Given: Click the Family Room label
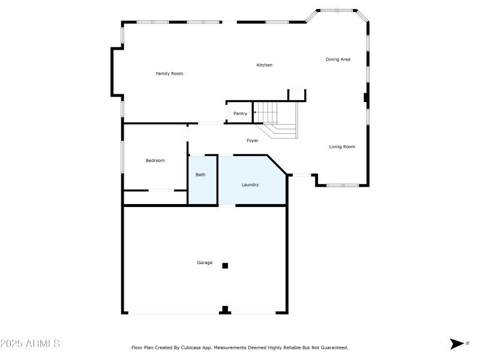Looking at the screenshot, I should coord(169,74).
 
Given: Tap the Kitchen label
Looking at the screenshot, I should coord(265,65).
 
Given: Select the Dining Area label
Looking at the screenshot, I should coord(338,59).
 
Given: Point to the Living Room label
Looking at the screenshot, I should coord(342,147).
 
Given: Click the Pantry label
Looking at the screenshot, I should coord(240,113).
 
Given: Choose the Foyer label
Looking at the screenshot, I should coord(253,141).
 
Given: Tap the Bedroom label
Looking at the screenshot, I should coord(155,161).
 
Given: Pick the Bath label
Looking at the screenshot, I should coord(200,175).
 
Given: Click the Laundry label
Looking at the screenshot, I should coord(250,185).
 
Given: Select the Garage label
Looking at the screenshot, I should coord(205,263).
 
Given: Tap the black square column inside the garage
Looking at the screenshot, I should coord(226,265).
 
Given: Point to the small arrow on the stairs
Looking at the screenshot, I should coord(255,112).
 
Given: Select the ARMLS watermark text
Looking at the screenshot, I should coord(30,344).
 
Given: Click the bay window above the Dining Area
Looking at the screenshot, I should coord(337,11).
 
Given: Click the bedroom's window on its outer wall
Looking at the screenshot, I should coord(123,157).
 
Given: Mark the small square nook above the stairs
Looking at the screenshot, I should coord(297,95).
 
